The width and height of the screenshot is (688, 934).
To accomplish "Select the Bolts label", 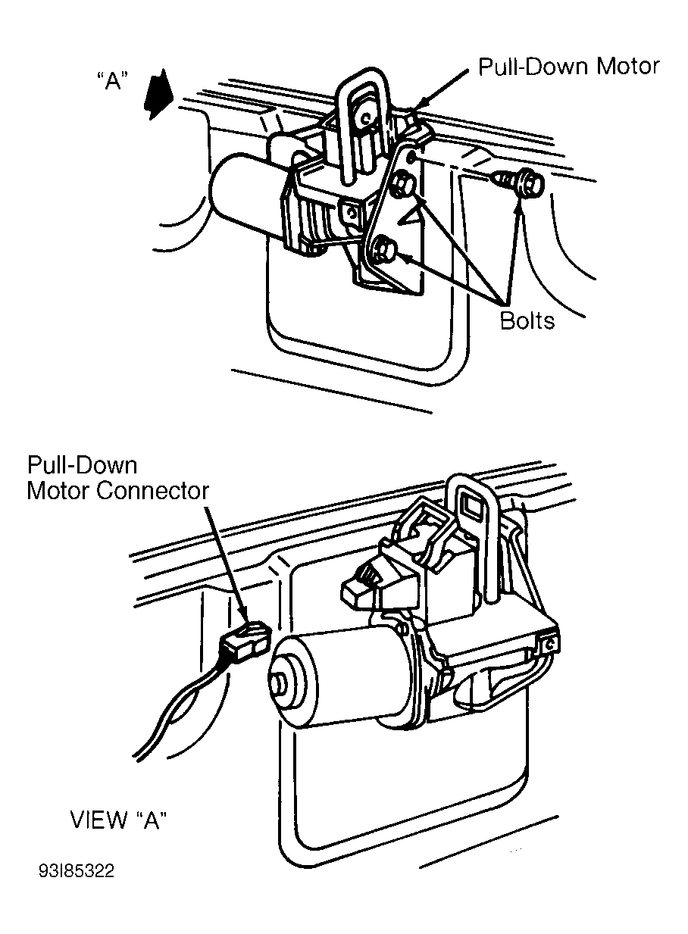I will [527, 320].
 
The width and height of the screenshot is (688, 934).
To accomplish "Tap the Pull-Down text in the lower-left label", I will [82, 465].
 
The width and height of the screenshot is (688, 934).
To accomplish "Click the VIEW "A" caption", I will [117, 820].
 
